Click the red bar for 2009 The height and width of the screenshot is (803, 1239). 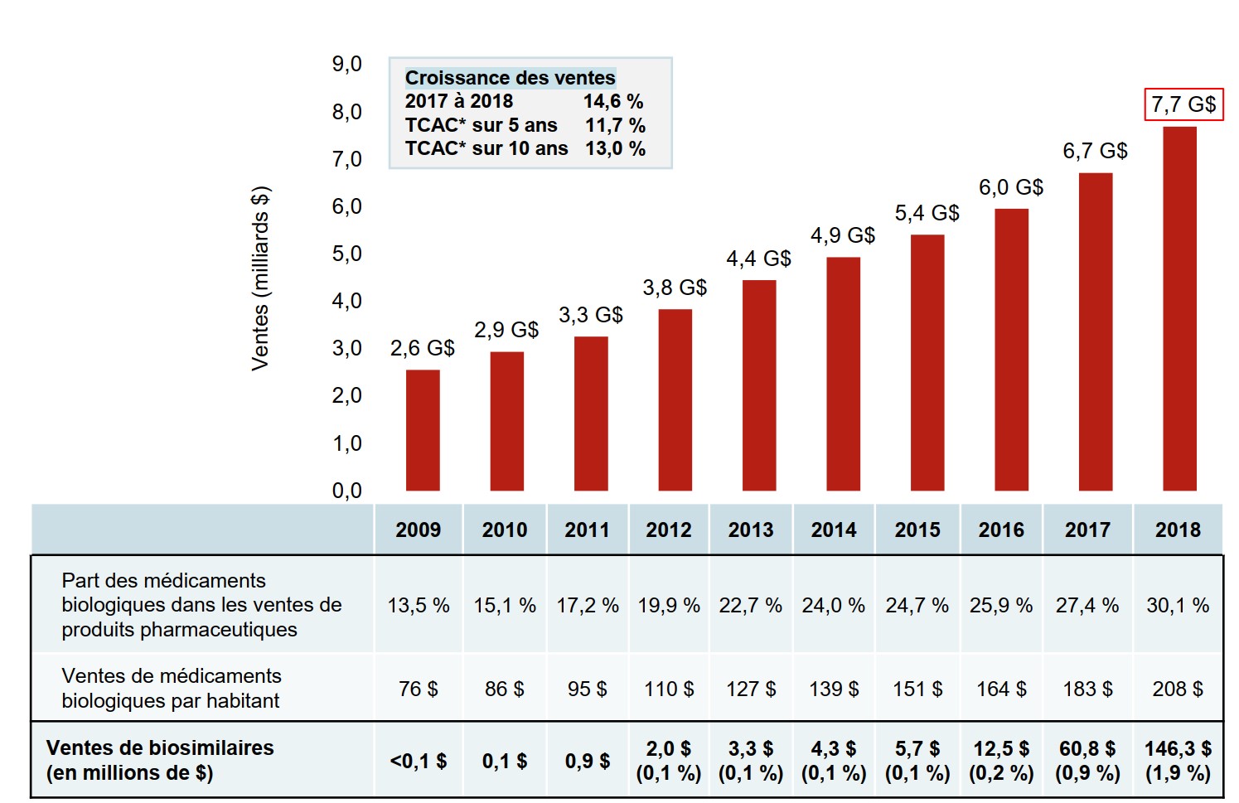coord(423,430)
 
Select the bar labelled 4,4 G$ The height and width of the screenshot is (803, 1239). coord(759,385)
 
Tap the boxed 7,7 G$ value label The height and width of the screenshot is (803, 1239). coord(1183,104)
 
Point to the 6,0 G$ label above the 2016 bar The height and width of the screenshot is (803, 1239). coord(1011,187)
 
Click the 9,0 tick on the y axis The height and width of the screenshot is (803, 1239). coord(347,64)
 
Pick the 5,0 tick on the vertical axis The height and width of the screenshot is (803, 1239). coord(347,254)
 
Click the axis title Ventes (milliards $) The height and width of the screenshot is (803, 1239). coord(260,278)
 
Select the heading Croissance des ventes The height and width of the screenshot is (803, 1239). coord(510,78)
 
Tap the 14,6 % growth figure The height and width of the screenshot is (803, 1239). coord(613,101)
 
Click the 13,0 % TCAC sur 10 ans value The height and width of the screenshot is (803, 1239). coord(615,148)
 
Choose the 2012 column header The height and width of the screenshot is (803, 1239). coord(669,530)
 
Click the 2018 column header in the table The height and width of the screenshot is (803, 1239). coord(1178,530)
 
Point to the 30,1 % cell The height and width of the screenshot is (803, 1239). coord(1178,605)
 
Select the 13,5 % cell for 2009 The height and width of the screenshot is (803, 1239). coord(419,605)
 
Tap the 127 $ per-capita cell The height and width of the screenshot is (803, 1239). coord(751,689)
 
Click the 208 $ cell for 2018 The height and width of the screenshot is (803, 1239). coord(1178,689)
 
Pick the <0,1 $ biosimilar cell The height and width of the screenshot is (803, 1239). coord(419,761)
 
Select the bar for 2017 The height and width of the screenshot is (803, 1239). coord(1096,331)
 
